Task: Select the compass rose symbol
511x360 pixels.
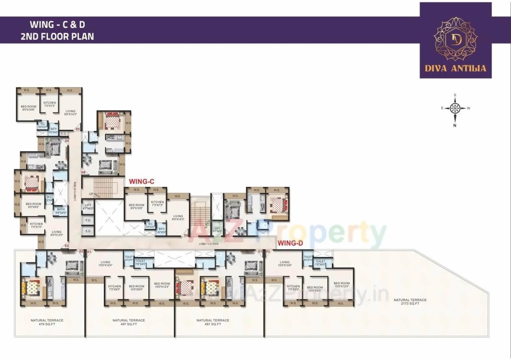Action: point(455,108)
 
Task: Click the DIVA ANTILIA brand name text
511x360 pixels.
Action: point(456,68)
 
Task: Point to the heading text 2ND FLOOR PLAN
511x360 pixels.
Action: point(57,36)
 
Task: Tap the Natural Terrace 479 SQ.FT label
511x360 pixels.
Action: point(47,322)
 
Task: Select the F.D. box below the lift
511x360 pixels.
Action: point(88,220)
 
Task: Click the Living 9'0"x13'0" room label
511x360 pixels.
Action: point(57,233)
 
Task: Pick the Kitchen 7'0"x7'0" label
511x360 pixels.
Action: point(36,225)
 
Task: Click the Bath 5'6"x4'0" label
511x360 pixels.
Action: point(61,211)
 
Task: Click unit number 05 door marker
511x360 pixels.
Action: point(78,129)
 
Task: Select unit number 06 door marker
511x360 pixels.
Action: point(83,172)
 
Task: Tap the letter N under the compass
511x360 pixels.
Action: point(455,125)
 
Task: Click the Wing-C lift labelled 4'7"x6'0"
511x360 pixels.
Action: point(88,206)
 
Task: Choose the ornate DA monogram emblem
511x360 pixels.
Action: point(456,39)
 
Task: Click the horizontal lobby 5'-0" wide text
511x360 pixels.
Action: point(209,243)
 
